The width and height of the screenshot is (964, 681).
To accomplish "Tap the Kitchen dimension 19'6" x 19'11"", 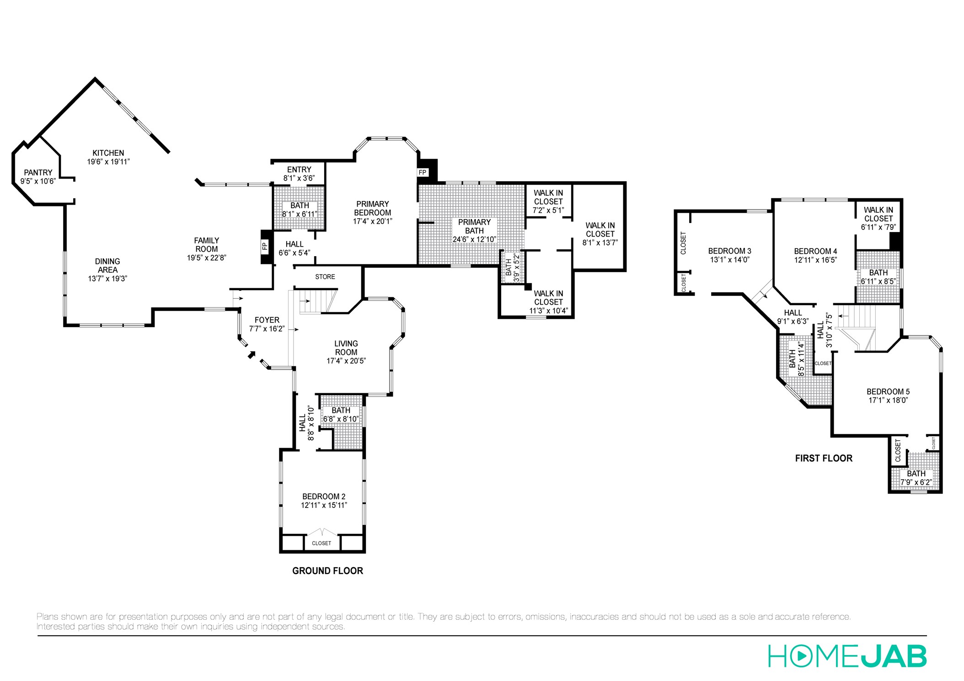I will coord(108,162).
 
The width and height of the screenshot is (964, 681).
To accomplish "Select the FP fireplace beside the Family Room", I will coord(265,247).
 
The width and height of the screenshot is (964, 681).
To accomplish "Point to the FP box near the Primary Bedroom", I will coord(423,173).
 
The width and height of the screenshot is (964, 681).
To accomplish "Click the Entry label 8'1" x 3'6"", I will coord(299,174).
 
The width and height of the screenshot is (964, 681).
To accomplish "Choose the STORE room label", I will coord(325,277).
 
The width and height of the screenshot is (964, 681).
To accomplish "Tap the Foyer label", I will coord(267,320).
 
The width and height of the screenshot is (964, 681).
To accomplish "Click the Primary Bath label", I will coord(474,227).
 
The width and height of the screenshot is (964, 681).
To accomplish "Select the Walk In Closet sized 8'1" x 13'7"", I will coord(600,234).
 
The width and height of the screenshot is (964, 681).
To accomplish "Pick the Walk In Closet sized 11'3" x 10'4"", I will coord(548,302).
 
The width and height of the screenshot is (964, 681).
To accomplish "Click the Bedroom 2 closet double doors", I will coord(322,533).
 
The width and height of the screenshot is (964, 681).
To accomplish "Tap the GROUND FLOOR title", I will coord(327,570).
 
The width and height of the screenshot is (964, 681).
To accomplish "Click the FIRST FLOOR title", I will coord(824,458).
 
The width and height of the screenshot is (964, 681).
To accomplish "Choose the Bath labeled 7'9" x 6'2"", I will coord(916,478).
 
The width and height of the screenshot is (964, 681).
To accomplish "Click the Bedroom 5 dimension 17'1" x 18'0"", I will coord(888,400).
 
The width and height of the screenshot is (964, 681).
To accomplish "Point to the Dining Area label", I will coord(107,266).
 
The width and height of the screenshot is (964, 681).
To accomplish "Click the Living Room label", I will coord(346,348).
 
